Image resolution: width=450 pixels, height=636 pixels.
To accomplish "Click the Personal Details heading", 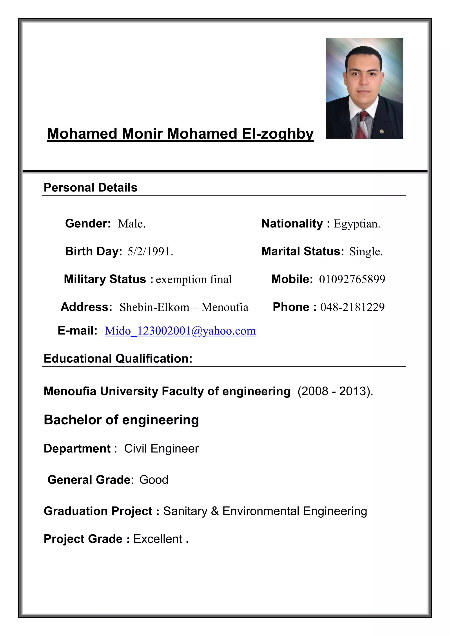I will pos(90,188).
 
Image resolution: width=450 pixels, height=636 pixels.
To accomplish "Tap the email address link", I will pos(180,331).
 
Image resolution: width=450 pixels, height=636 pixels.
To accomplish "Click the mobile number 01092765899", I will pos(352,279).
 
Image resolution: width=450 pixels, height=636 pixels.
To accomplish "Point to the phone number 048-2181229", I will pos(352,307).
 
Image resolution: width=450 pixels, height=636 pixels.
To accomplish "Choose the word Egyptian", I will pos(357,224).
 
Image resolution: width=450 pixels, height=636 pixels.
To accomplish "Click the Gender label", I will pos(88,224).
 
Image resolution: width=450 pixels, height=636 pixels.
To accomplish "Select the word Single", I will pos(366,251).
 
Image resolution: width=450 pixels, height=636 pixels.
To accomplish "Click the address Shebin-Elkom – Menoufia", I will pos(184,307).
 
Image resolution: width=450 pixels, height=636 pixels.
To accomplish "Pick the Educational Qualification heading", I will pos(118,358).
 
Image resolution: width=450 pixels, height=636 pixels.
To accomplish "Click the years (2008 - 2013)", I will pos(335,391).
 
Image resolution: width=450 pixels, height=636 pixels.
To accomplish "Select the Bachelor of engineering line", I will pos(121,420).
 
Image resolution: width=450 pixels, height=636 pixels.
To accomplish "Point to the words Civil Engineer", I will pos(161,448).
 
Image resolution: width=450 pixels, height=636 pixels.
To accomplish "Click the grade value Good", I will pos(154,480).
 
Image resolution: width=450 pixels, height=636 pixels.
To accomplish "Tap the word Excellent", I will pos(158,539).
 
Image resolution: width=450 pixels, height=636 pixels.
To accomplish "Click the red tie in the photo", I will pos(365,125).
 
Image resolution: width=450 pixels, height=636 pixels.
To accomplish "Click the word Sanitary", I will pos(185,511).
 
